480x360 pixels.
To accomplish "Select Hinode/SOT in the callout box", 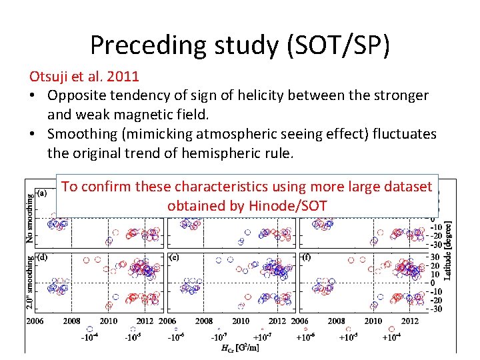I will click(x=293, y=205).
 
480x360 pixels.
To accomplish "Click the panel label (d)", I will click(x=41, y=257).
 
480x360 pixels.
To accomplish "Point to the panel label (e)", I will click(x=174, y=257).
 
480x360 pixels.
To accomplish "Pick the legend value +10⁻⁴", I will click(x=391, y=337).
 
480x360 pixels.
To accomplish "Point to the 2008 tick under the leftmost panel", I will click(x=71, y=321).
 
